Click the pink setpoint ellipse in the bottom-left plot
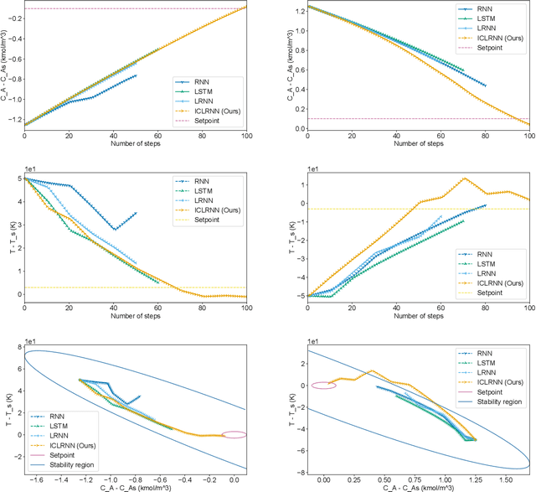point(234,434)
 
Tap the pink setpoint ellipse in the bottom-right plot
point(323,386)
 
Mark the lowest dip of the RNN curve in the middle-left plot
point(114,230)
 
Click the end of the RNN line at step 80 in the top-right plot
point(485,85)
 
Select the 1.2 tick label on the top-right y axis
point(296,13)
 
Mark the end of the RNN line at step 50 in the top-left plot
point(136,75)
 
